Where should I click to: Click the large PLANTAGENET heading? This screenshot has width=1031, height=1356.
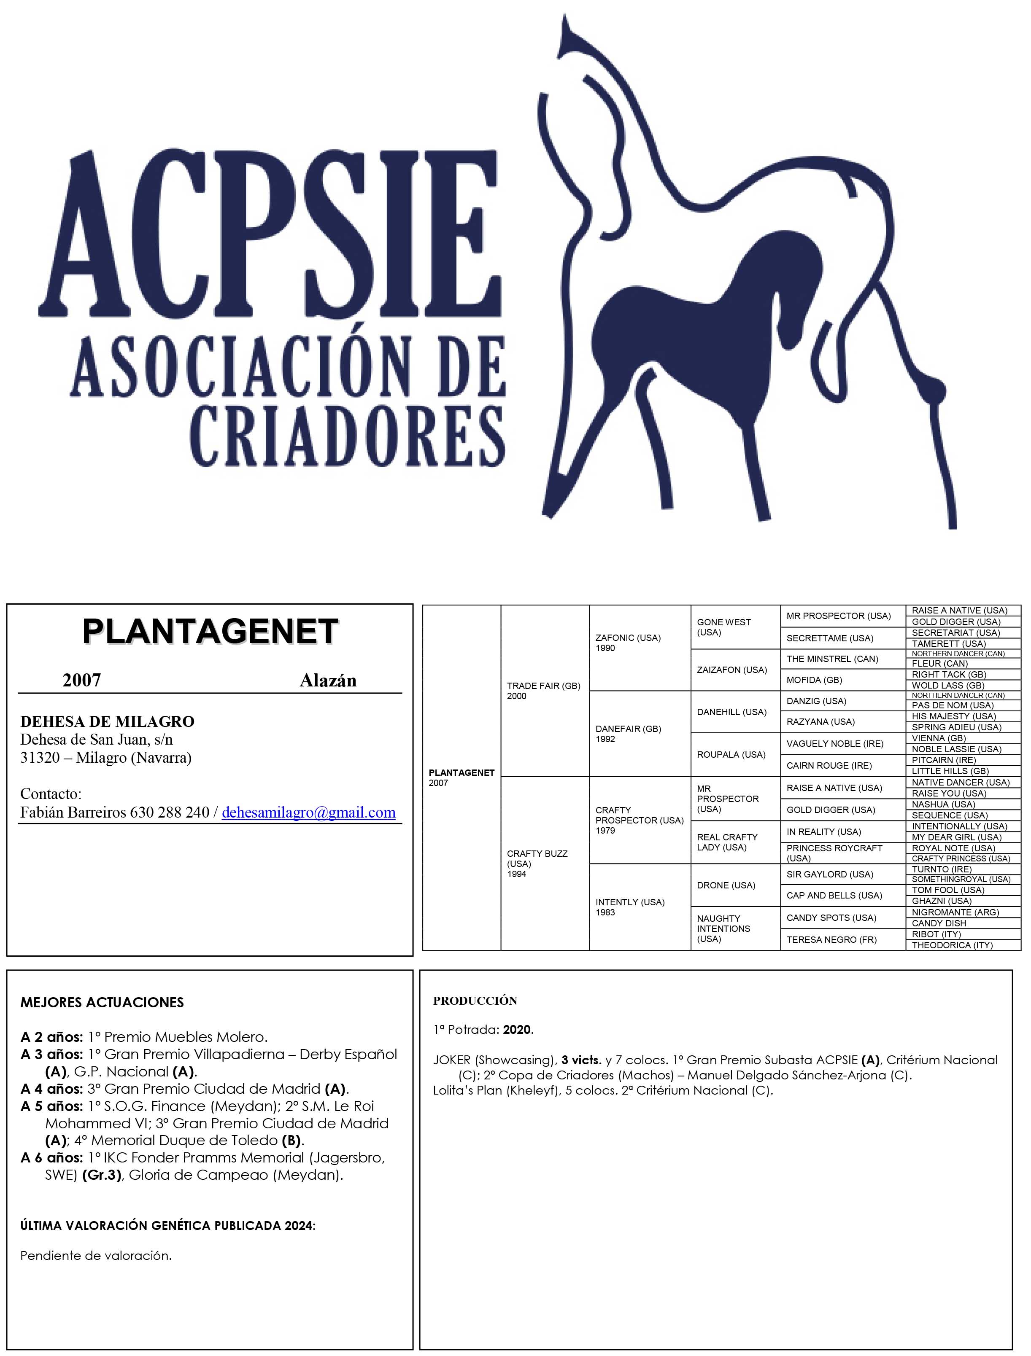210,632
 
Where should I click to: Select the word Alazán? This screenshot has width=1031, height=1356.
328,680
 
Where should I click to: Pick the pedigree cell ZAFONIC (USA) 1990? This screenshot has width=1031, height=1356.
627,643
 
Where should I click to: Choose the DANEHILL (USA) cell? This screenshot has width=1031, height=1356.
731,712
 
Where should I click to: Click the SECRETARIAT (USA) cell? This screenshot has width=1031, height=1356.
955,632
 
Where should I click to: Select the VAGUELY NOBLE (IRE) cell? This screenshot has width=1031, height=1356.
834,744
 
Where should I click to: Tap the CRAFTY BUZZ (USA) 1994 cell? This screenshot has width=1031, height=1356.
537,864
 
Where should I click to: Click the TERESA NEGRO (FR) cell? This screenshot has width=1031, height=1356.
831,939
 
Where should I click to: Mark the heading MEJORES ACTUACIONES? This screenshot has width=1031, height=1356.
102,1003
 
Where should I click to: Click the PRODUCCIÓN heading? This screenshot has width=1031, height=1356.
475,1001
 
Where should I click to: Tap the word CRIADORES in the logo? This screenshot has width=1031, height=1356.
347,436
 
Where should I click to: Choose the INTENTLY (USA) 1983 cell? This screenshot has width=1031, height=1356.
630,907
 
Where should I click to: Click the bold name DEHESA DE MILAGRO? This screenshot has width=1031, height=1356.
108,722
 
